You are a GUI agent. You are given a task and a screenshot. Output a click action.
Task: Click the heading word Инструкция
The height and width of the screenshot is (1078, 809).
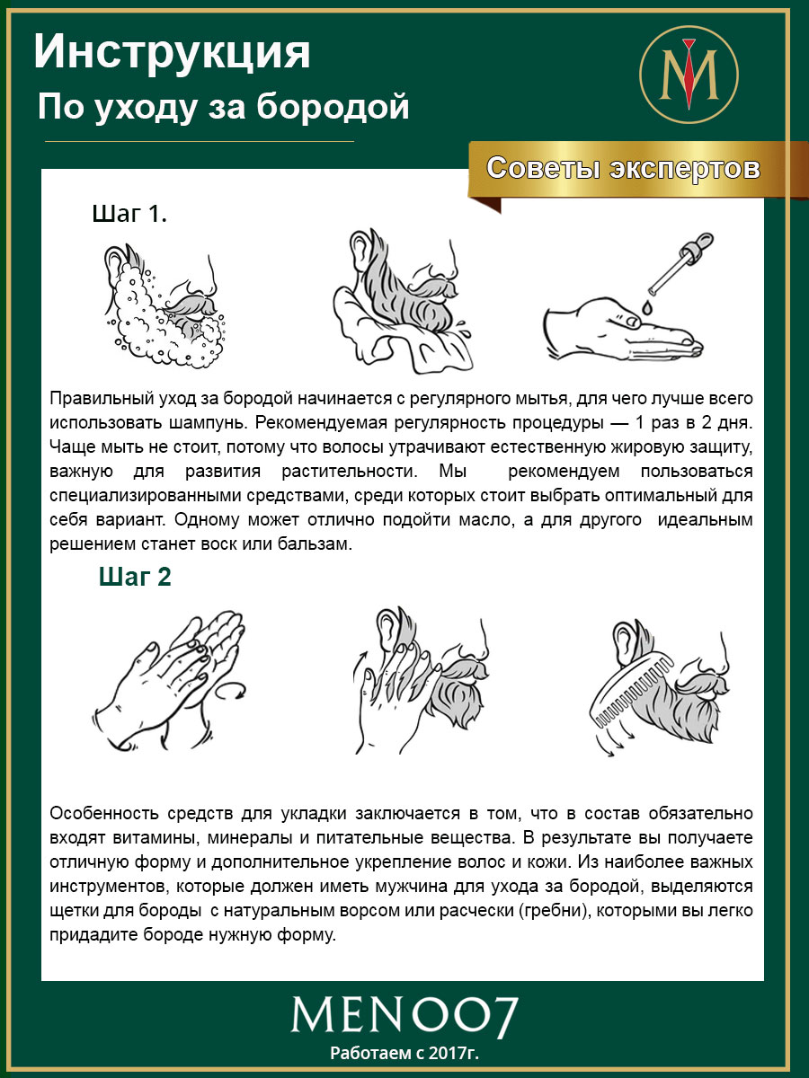pos(173,54)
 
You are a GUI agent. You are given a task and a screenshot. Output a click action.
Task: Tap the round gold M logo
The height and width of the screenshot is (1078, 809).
pos(688,74)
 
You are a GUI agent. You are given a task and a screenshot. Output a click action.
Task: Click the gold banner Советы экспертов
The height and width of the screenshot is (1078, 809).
pos(623,169)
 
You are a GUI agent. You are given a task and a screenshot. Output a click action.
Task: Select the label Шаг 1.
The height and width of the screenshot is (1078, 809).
pos(129,215)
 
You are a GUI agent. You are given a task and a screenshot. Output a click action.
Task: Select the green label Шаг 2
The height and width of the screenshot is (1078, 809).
pos(135,578)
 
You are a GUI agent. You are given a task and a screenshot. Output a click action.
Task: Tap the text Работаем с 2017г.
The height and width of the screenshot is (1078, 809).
pos(404,1052)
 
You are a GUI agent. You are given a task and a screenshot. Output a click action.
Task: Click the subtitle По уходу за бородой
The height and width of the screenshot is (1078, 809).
pos(223,108)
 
